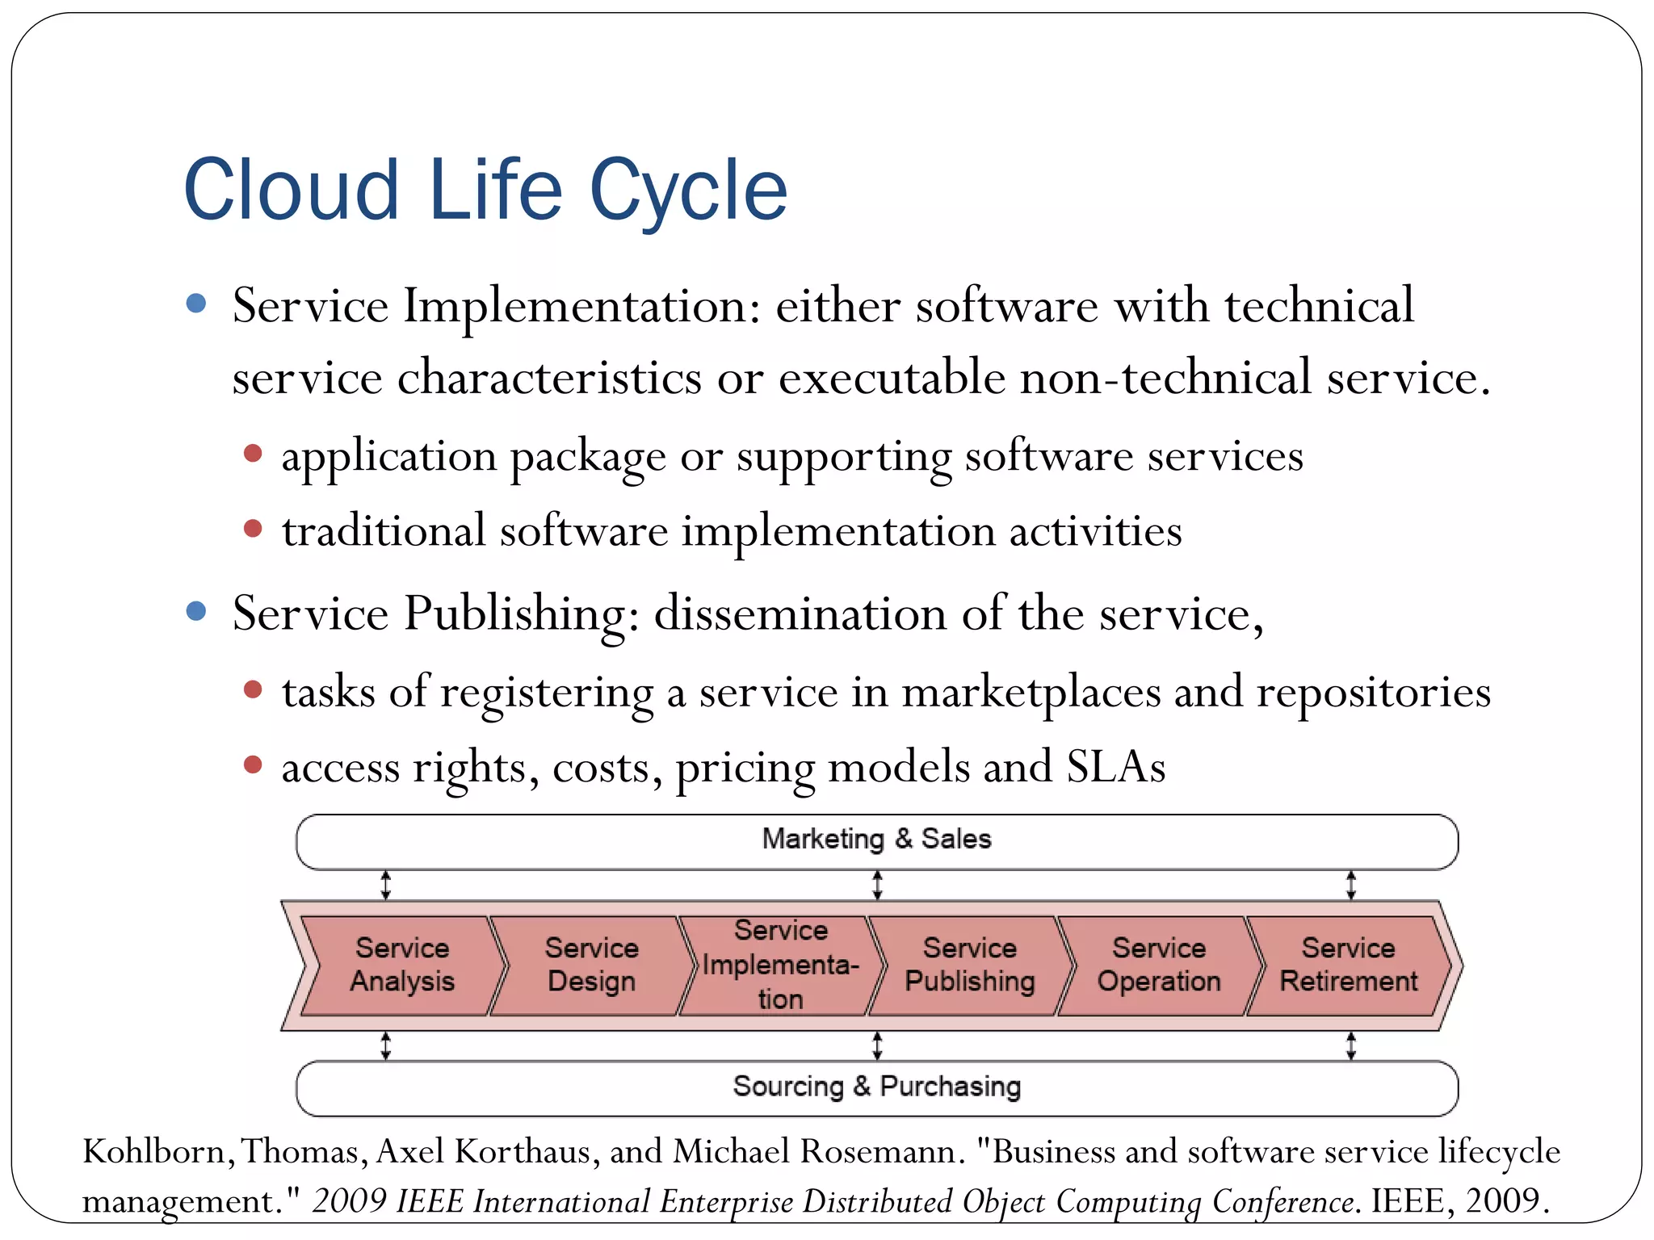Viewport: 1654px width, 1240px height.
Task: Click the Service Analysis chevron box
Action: (x=401, y=965)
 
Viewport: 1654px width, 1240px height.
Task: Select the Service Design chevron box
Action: (x=591, y=965)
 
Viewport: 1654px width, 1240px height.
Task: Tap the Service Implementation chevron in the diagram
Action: (x=780, y=965)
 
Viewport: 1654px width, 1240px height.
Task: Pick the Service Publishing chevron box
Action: (x=969, y=965)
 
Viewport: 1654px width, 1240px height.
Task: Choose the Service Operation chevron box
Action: (x=1158, y=965)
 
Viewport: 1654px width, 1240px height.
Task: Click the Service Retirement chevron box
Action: (x=1348, y=965)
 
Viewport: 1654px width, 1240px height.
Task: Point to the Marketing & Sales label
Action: (x=876, y=840)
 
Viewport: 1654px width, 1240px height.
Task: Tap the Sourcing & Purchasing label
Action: (x=876, y=1087)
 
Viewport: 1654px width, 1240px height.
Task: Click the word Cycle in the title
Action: (x=688, y=191)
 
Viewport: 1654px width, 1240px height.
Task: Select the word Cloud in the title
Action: (x=292, y=191)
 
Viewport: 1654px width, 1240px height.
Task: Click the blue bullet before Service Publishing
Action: (x=195, y=610)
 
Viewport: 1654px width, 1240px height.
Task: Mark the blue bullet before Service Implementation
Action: (x=195, y=304)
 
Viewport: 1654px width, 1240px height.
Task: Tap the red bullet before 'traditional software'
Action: (x=253, y=529)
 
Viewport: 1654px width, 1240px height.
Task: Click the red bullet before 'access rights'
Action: (x=253, y=764)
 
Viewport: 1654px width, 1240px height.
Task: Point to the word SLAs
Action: (x=1115, y=767)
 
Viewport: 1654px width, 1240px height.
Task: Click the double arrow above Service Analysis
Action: (x=386, y=885)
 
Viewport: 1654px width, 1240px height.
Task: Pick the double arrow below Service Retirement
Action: (x=1351, y=1046)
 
